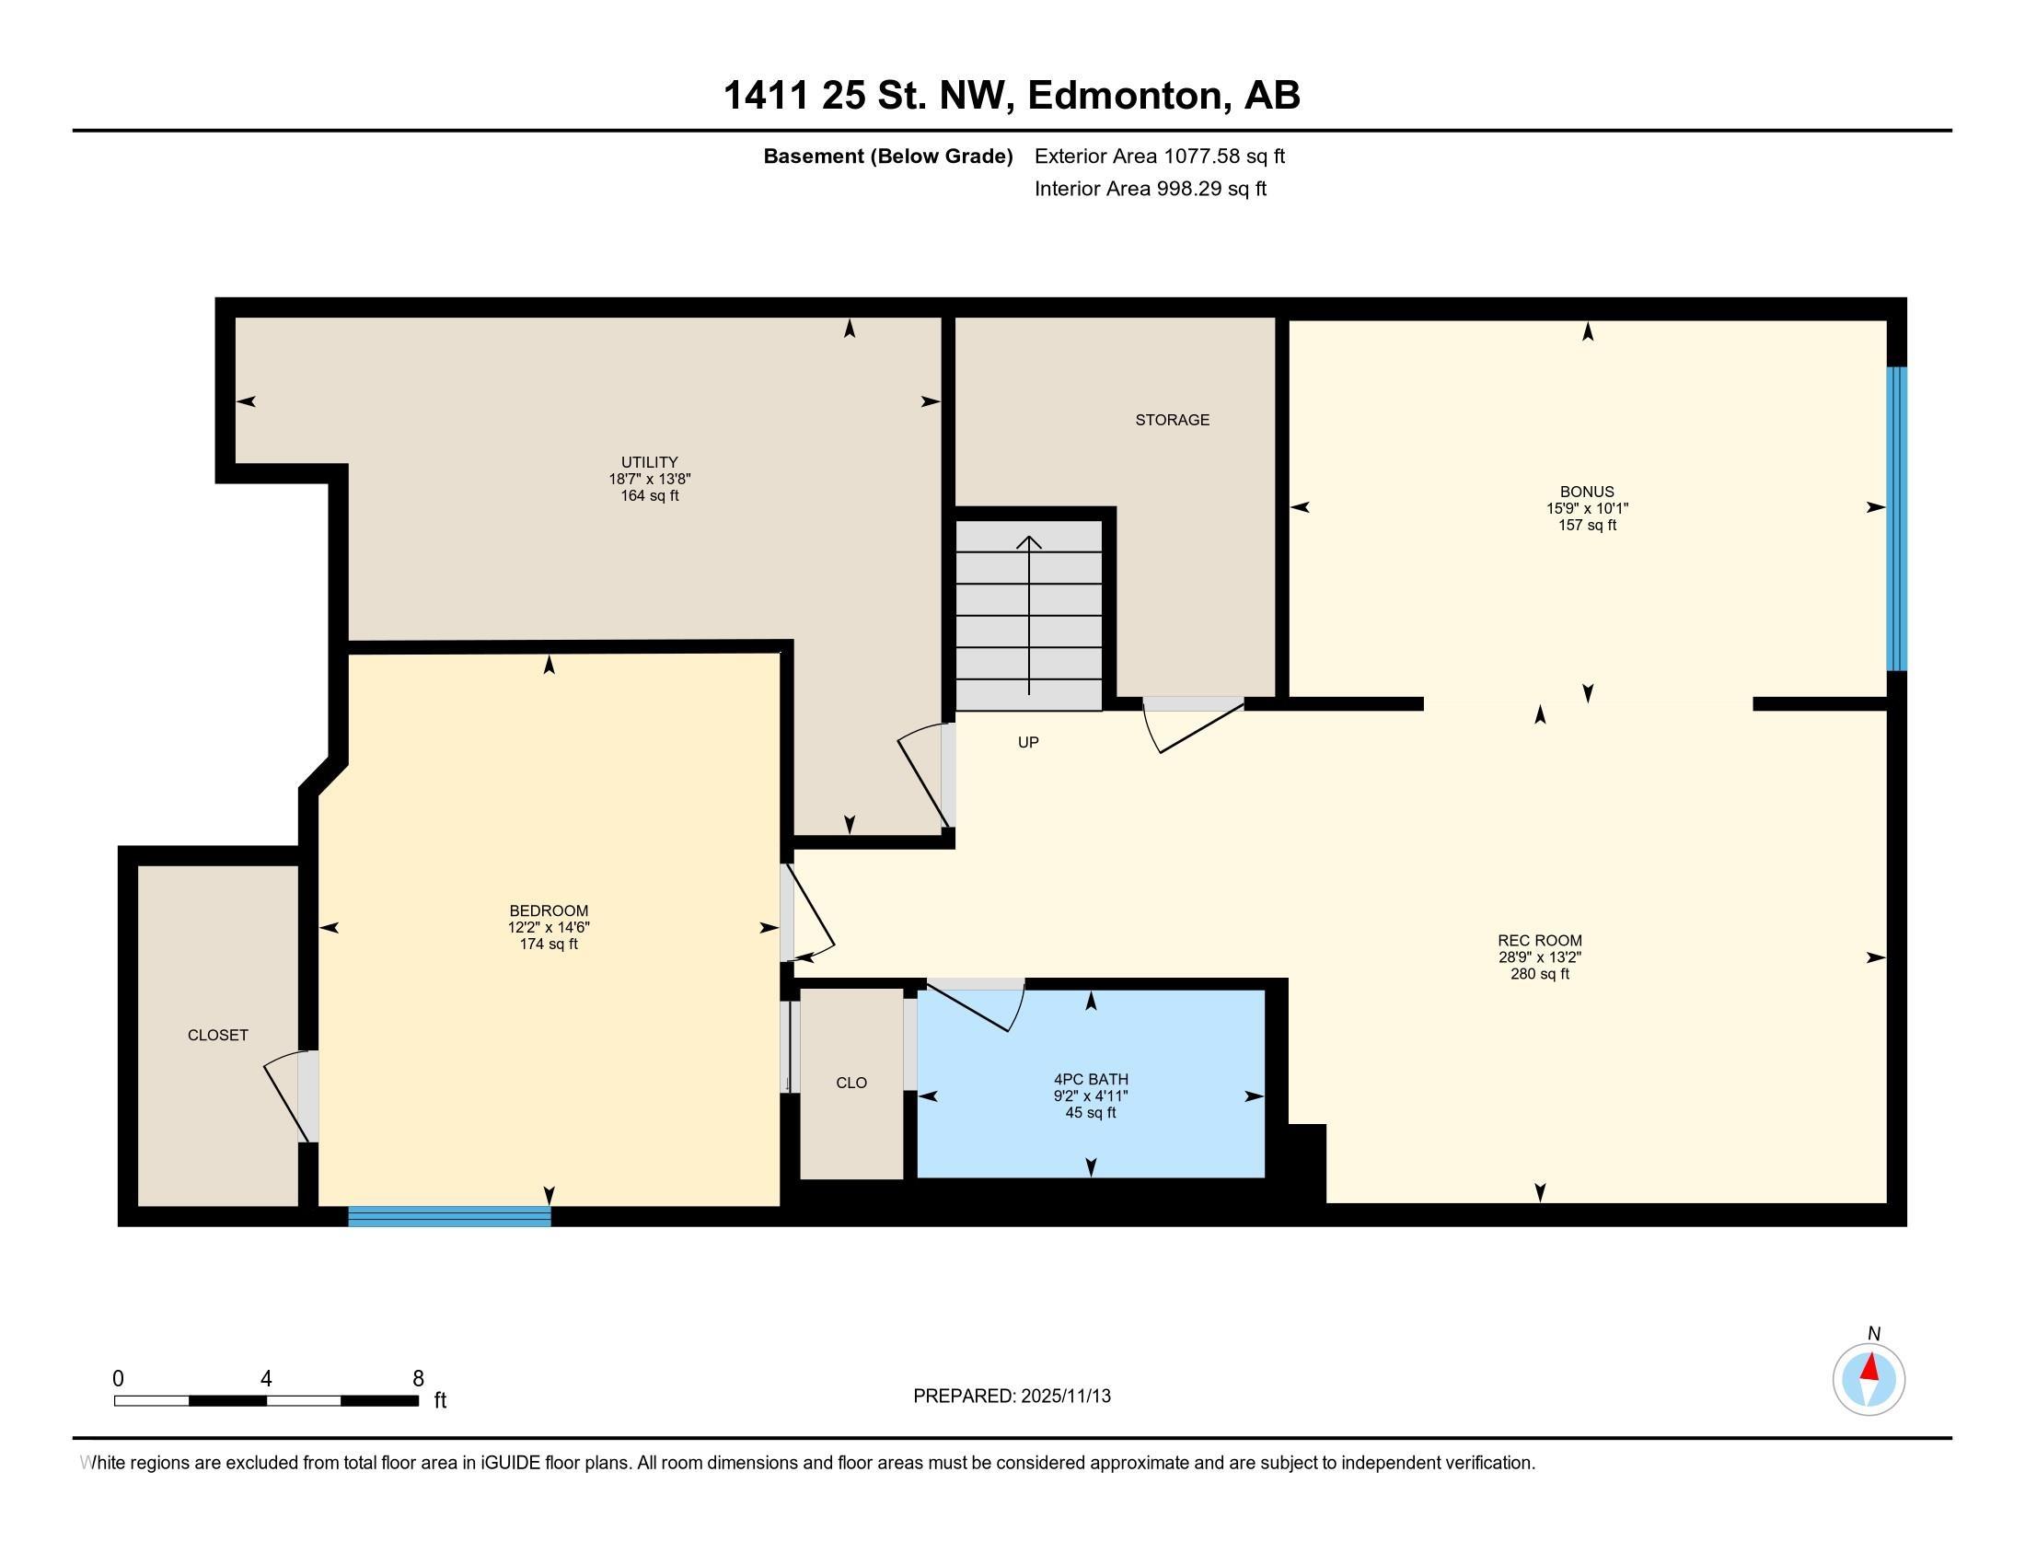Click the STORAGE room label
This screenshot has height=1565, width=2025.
(1172, 420)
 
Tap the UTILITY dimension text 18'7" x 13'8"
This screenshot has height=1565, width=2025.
(649, 480)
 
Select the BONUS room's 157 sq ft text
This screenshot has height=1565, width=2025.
(1587, 525)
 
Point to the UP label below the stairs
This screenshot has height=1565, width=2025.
(1028, 742)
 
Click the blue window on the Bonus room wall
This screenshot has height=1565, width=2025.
(1897, 518)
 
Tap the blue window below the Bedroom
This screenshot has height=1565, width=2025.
(450, 1216)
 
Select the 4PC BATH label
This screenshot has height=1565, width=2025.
(1091, 1079)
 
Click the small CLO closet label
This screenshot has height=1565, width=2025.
(851, 1083)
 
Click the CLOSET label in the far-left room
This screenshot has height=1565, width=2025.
(218, 1035)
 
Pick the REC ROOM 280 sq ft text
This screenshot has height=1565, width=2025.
(1539, 974)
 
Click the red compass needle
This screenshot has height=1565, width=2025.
(1871, 1367)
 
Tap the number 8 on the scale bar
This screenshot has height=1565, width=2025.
(418, 1379)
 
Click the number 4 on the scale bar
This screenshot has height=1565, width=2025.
(266, 1379)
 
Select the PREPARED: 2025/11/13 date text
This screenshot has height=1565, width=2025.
(1012, 1397)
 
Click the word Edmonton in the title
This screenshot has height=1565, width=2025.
(1124, 95)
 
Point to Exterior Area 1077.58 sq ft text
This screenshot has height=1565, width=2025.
(1159, 156)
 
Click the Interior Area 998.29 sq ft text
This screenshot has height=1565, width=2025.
(1150, 188)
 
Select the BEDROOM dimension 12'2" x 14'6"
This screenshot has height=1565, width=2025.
(549, 927)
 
